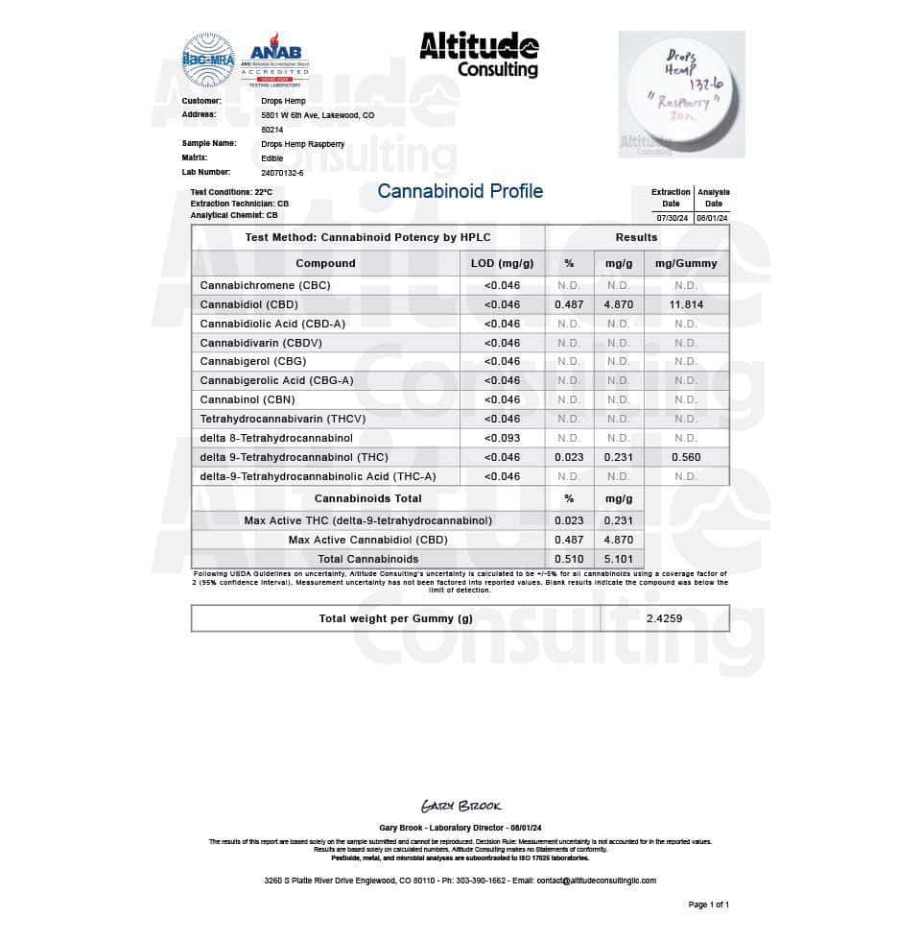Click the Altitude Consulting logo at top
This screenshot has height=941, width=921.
click(479, 56)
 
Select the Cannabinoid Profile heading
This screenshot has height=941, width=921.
click(460, 191)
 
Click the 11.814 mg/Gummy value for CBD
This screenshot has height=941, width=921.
click(685, 304)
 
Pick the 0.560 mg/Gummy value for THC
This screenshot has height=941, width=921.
click(685, 457)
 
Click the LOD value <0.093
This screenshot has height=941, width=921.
click(502, 438)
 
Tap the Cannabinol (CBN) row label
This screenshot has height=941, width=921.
click(248, 399)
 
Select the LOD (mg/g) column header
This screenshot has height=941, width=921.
click(502, 263)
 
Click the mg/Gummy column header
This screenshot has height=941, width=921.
click(685, 263)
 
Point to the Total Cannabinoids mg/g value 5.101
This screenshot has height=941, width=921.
click(619, 559)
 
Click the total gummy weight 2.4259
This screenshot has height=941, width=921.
click(664, 618)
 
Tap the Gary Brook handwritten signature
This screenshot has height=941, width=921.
click(460, 806)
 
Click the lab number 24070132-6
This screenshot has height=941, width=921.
click(282, 172)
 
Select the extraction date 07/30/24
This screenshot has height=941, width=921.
click(671, 218)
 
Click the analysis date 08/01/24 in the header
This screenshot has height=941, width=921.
click(714, 218)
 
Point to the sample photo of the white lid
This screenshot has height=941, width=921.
click(681, 93)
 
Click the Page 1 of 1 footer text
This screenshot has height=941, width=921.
click(709, 905)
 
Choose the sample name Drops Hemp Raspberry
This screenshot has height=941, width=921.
click(302, 143)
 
